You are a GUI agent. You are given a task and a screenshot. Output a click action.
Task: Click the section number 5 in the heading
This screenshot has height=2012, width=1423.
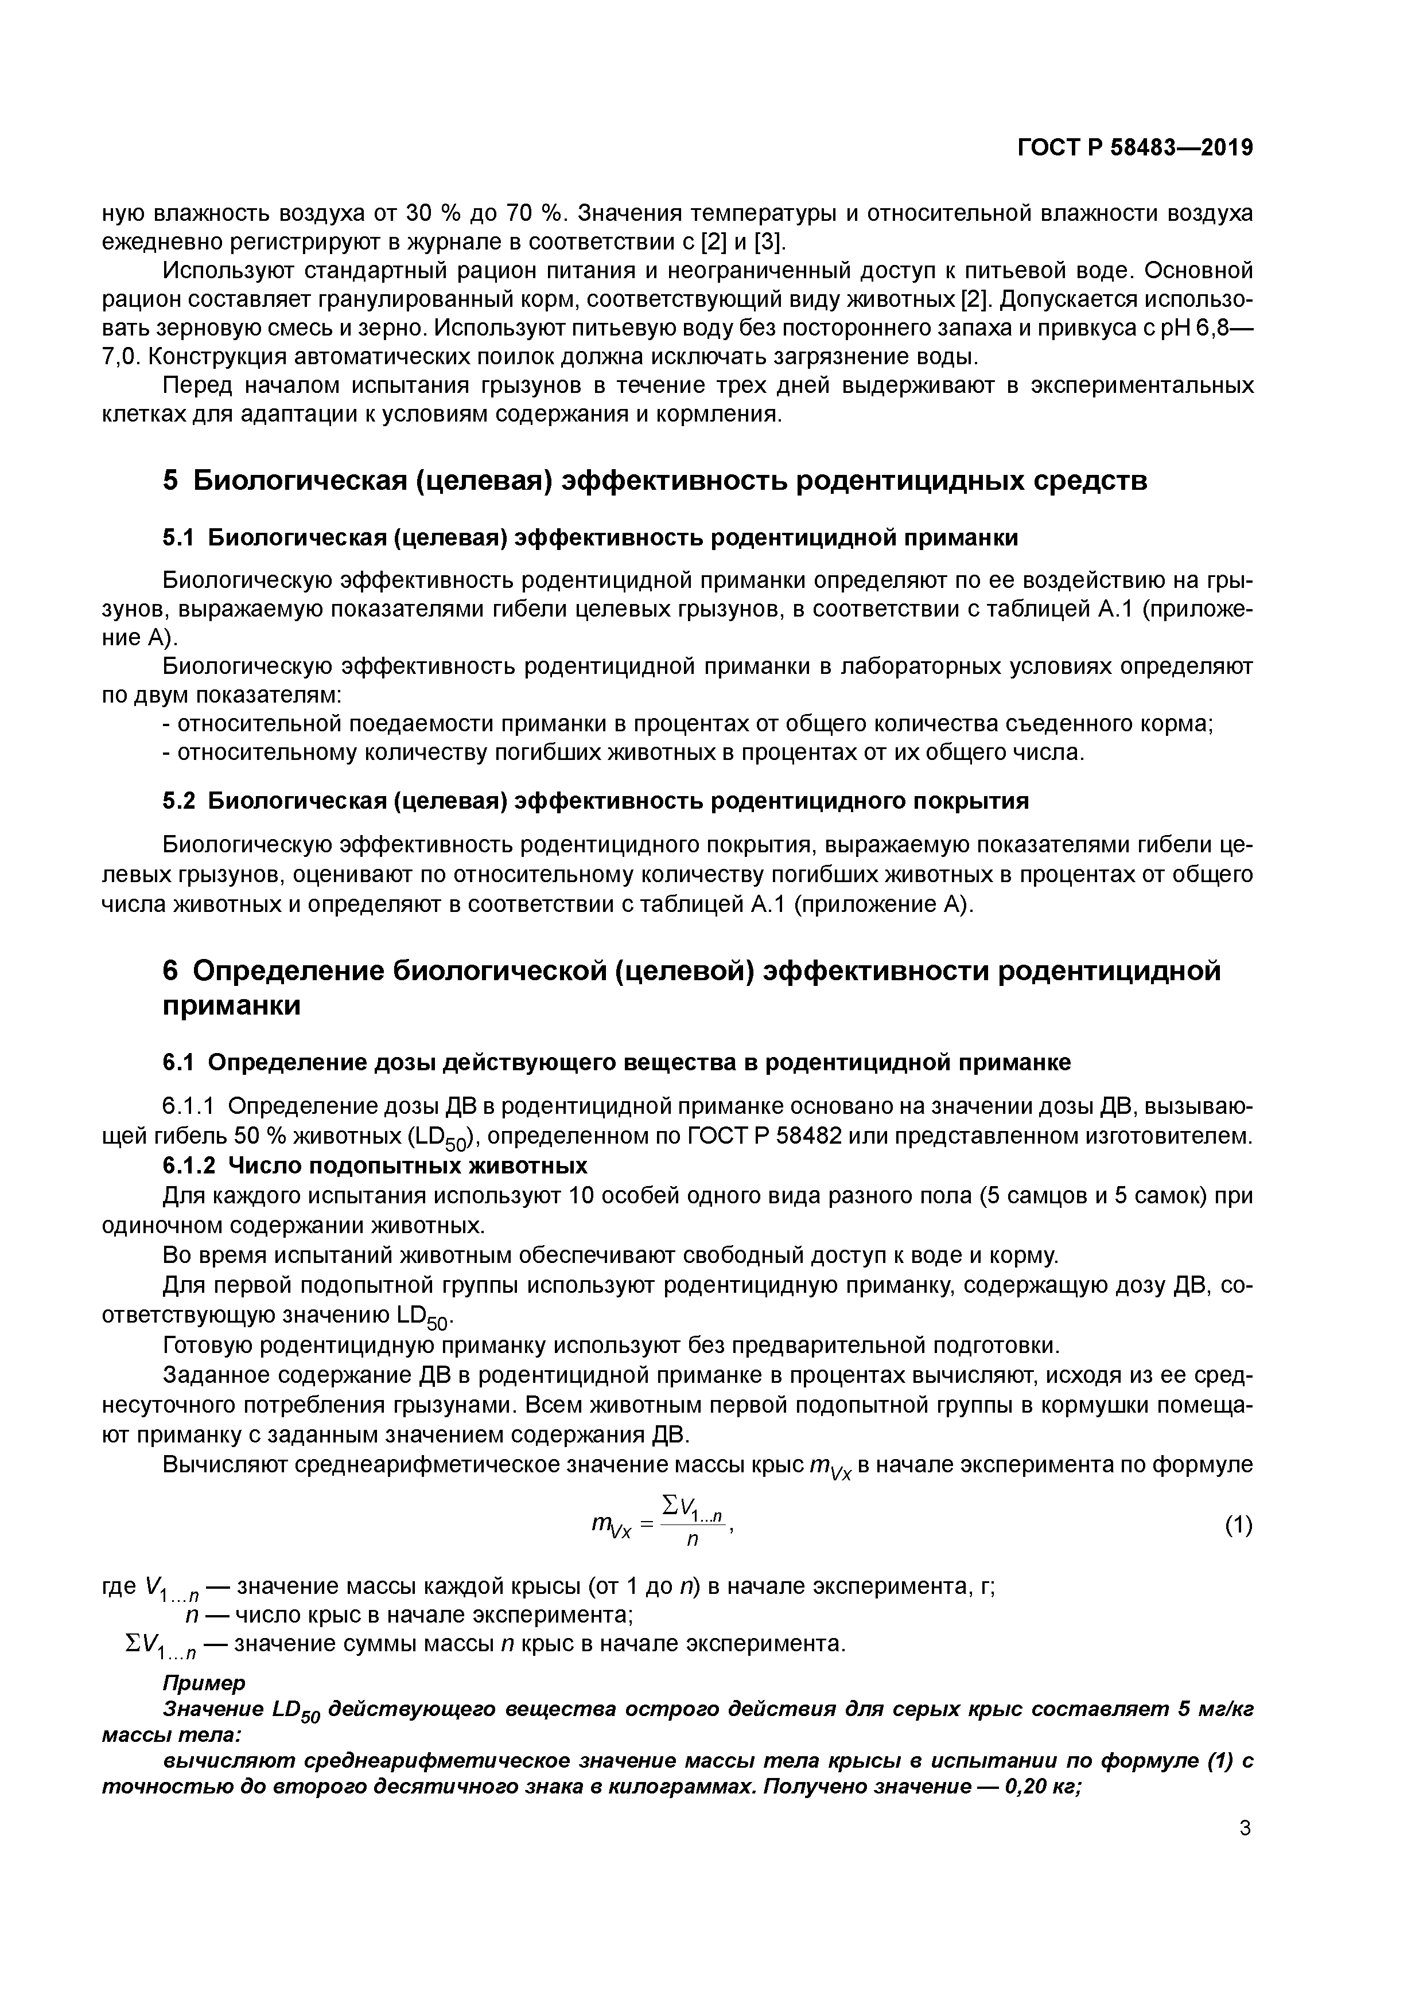click(x=171, y=481)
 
